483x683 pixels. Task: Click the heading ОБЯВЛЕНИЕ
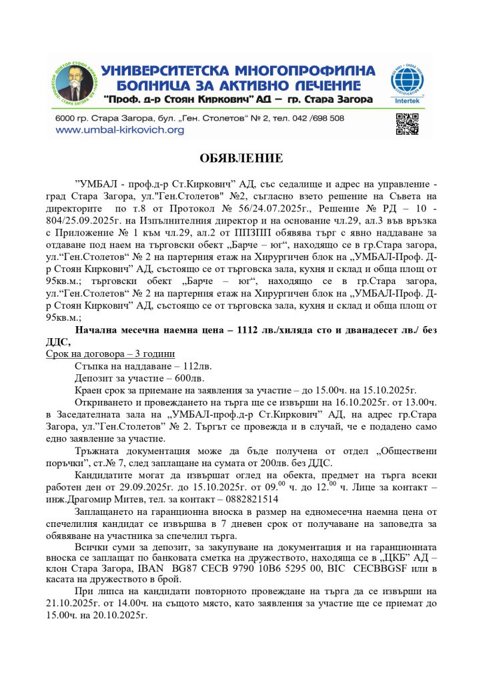(241, 158)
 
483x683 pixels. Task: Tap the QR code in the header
(407, 124)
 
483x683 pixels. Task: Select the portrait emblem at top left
(74, 85)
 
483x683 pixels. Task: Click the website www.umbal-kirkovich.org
(119, 130)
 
